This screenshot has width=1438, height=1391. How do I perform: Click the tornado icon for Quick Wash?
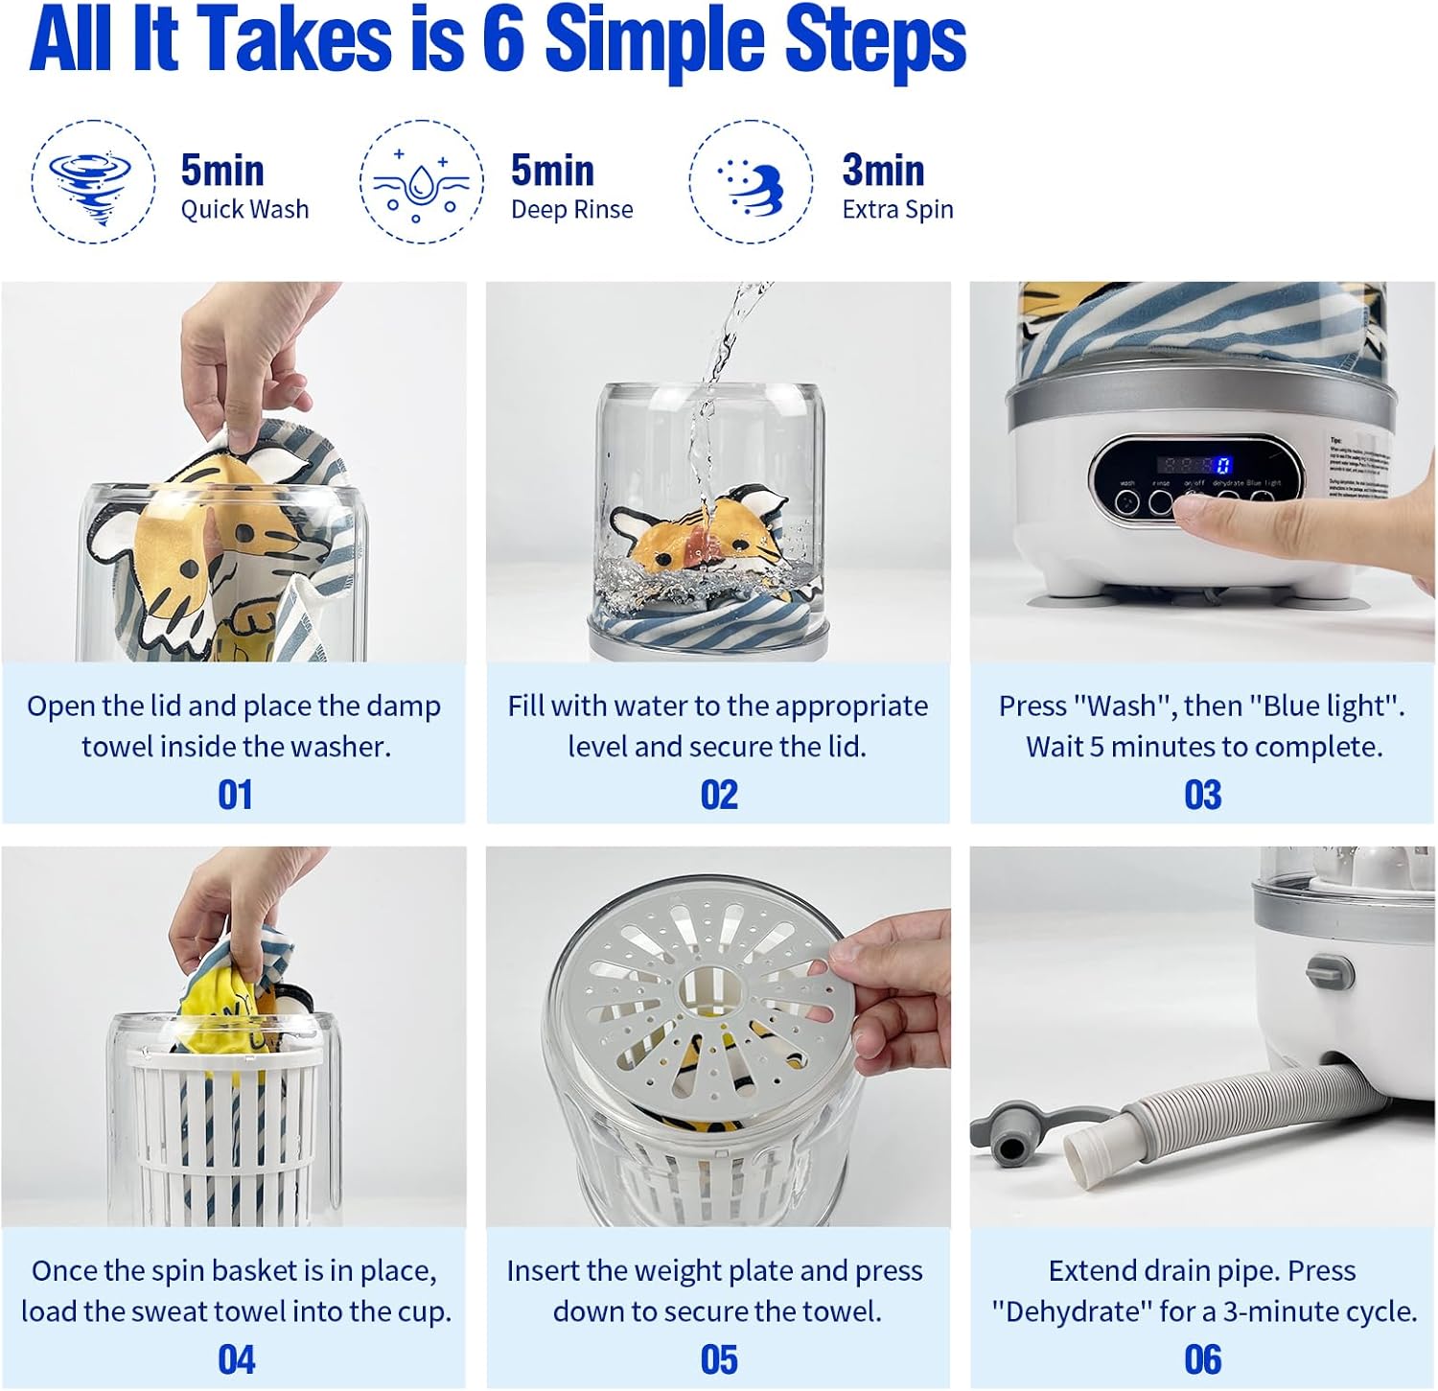point(93,182)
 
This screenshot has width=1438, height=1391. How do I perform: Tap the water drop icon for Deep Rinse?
point(421,182)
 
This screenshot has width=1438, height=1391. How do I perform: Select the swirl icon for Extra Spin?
point(751,182)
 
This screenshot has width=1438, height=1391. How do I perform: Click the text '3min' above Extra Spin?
point(883,171)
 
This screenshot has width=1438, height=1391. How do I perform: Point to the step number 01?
point(235,795)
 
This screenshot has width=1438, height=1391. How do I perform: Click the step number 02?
point(719,795)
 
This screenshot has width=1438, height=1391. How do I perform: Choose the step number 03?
point(1203,795)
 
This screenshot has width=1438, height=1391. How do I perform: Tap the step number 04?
point(236,1359)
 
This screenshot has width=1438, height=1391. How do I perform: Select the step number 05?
point(719,1359)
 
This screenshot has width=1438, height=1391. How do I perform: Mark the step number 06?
point(1203,1359)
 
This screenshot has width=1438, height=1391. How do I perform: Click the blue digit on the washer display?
point(1223,466)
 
